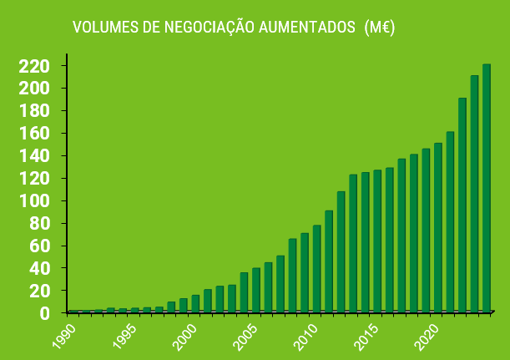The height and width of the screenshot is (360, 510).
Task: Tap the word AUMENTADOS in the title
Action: (306, 28)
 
